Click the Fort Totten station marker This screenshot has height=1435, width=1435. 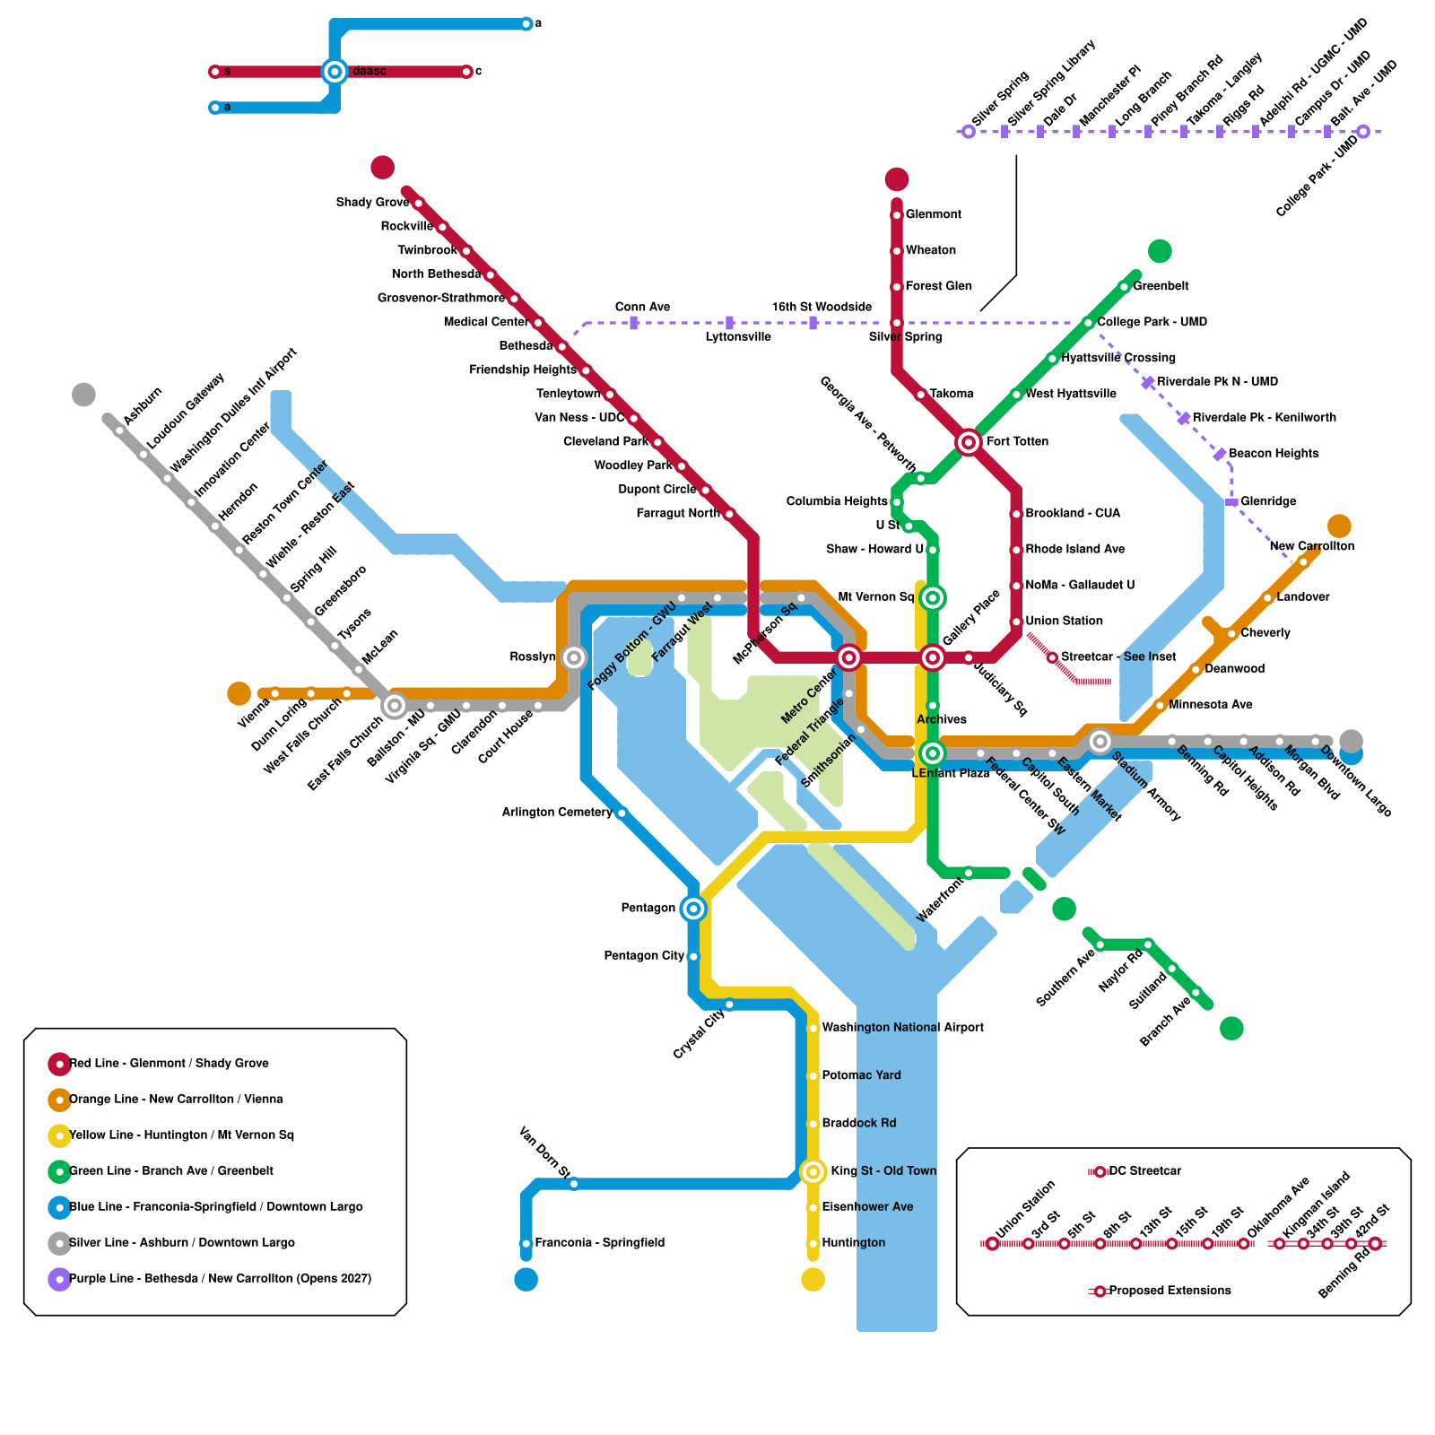pyautogui.click(x=968, y=442)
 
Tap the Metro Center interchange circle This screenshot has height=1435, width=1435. pyautogui.click(x=849, y=658)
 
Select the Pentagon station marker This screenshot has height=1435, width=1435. pyautogui.click(x=693, y=909)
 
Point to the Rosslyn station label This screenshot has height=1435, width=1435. pyautogui.click(x=533, y=657)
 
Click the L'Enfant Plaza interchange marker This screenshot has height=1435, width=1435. pyautogui.click(x=933, y=753)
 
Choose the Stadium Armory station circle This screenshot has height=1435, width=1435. pyautogui.click(x=1100, y=742)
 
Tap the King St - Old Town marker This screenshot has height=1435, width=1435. pyautogui.click(x=813, y=1171)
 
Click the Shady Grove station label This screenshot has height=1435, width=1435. pyautogui.click(x=372, y=203)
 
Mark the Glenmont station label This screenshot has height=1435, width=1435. pyautogui.click(x=933, y=214)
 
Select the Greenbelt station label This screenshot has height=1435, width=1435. pyautogui.click(x=1161, y=286)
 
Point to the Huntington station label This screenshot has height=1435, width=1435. pyautogui.click(x=853, y=1243)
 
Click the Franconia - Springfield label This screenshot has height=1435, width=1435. pyautogui.click(x=599, y=1243)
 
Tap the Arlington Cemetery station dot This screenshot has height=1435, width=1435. pyautogui.click(x=622, y=813)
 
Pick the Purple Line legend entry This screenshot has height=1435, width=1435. pyautogui.click(x=220, y=1279)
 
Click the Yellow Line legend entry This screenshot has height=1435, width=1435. pyautogui.click(x=181, y=1135)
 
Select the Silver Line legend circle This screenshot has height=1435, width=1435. pyautogui.click(x=60, y=1243)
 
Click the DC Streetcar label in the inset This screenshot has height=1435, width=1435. pyautogui.click(x=1144, y=1171)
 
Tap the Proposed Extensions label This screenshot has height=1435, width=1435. pyautogui.click(x=1170, y=1291)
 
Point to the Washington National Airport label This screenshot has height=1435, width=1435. pyautogui.click(x=902, y=1028)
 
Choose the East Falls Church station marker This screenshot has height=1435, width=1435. pyautogui.click(x=395, y=706)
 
